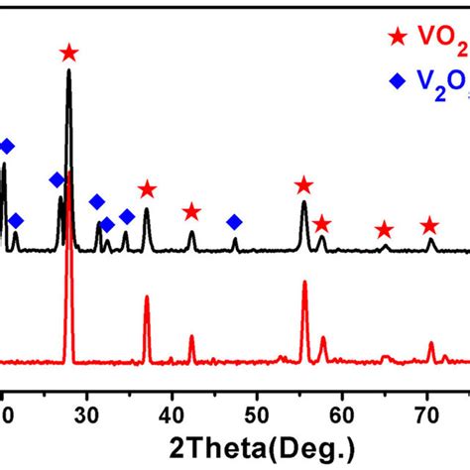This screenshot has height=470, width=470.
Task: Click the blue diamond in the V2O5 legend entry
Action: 399,83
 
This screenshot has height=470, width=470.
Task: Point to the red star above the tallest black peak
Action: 68,53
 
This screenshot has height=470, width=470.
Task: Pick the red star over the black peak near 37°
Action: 147,189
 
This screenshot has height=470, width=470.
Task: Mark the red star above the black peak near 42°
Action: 191,212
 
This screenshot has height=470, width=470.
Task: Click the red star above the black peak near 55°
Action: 303,185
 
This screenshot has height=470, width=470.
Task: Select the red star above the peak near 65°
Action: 385,230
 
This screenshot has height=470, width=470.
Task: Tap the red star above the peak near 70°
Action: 429,225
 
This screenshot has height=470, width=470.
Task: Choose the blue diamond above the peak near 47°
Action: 234,221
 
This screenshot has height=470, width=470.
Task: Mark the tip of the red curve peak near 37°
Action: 147,296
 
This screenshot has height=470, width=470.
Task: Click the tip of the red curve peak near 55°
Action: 303,282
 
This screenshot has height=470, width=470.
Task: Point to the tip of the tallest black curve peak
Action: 68,70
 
